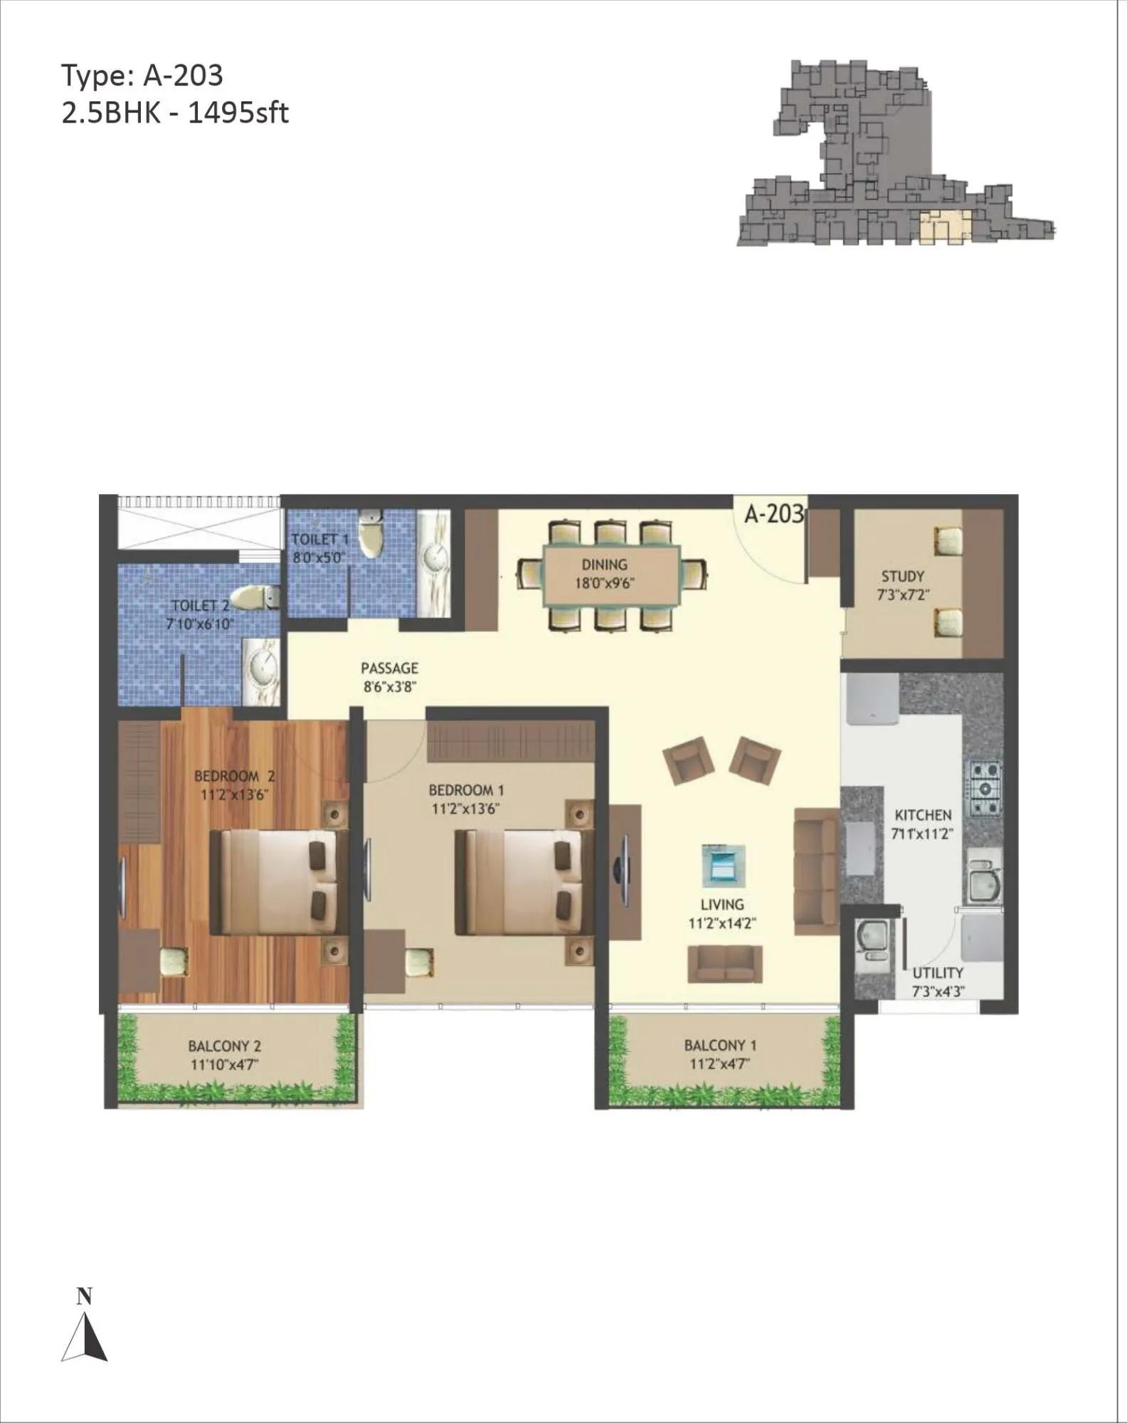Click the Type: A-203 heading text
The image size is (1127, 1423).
click(x=142, y=75)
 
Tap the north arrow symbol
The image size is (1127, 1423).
click(x=85, y=1335)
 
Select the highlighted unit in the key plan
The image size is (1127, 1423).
click(x=944, y=227)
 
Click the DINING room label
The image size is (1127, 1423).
click(x=604, y=565)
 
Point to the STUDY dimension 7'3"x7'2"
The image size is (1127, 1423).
click(x=903, y=595)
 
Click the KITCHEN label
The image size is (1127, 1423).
click(x=923, y=815)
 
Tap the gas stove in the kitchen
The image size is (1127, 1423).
click(x=986, y=788)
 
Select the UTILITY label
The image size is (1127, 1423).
click(x=938, y=972)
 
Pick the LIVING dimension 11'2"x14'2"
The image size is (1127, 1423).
click(x=722, y=924)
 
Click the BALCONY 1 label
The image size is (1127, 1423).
click(x=720, y=1046)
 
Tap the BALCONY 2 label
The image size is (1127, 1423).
click(x=224, y=1046)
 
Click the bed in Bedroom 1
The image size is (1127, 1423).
click(x=523, y=883)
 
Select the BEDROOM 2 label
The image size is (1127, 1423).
click(x=234, y=776)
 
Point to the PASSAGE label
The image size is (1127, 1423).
click(x=389, y=668)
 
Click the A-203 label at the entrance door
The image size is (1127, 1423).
click(x=773, y=513)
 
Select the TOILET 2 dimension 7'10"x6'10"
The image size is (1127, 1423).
click(x=200, y=624)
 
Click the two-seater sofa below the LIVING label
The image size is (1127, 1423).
click(x=724, y=965)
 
